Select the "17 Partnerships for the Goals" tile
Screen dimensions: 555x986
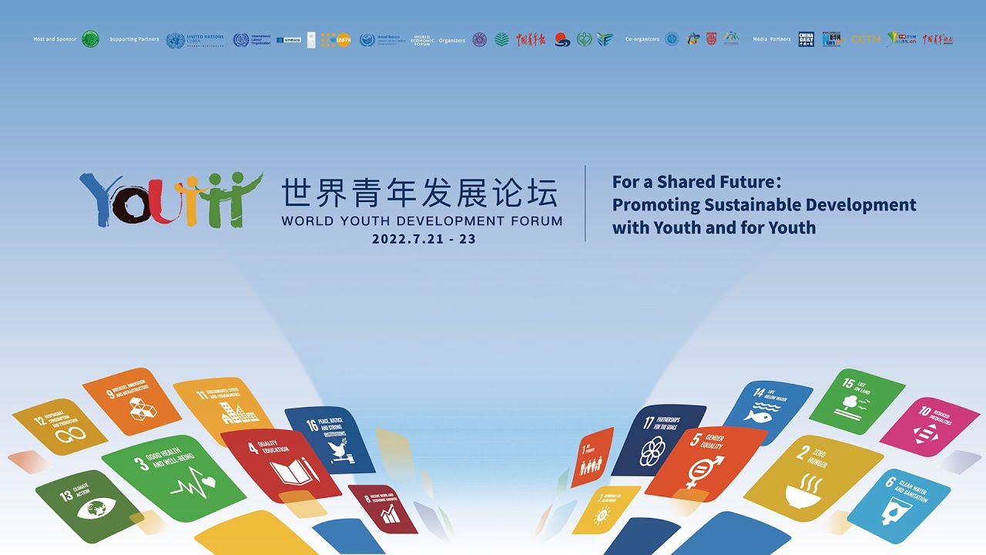[658, 440]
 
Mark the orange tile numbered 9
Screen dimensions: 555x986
[132, 402]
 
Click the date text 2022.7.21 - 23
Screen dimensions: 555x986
[424, 239]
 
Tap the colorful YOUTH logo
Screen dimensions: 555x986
[170, 199]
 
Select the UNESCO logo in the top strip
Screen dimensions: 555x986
[289, 39]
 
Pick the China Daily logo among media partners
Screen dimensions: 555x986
[806, 39]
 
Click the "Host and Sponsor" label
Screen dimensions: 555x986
[55, 39]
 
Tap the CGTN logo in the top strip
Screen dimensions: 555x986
[865, 39]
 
